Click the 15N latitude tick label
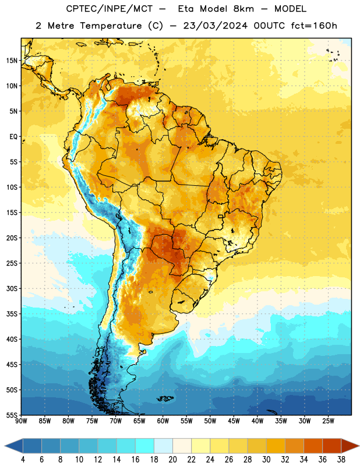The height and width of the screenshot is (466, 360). pos(12,61)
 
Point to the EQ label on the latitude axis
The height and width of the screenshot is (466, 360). pos(13,137)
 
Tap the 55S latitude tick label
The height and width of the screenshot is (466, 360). pos(12,415)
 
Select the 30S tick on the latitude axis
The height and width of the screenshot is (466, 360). pos(12,288)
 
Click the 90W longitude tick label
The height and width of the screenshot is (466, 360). pos(21,421)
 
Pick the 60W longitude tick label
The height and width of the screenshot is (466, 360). pos(163,421)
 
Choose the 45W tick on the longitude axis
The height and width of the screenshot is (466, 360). pos(234,421)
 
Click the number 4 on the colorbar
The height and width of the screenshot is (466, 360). pos(23,460)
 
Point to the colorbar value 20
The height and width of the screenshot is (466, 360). pos(172,460)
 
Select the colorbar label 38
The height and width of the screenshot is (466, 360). pos(341,460)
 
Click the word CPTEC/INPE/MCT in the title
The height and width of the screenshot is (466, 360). pos(109,9)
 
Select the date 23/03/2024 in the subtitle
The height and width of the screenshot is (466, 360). pos(215,26)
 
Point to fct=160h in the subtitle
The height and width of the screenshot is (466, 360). pos(314,26)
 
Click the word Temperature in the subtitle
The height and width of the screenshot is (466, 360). pos(111,26)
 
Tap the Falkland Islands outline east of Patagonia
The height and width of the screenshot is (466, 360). pos(165,398)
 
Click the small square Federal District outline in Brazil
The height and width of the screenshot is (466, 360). pos(221,216)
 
